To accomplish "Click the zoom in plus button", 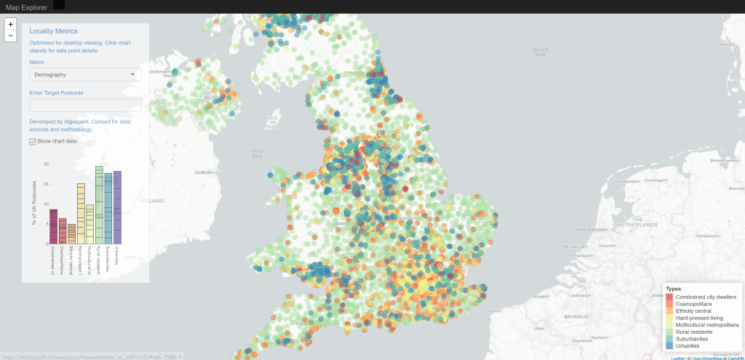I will coord(10,24).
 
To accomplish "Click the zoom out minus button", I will coord(10,36).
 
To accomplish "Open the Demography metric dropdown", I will coord(85,74).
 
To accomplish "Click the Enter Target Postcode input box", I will coord(85,105).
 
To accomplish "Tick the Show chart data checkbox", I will coord(33,141).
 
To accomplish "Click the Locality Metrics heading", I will coord(53,31).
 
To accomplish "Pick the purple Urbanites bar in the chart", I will coord(117,207).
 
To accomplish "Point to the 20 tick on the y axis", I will coord(46,164).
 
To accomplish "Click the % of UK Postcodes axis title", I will coord(33,204).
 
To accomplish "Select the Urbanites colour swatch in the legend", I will coord(669,345).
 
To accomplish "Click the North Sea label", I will coord(540,53).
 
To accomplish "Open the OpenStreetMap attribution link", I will coord(707,358).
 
